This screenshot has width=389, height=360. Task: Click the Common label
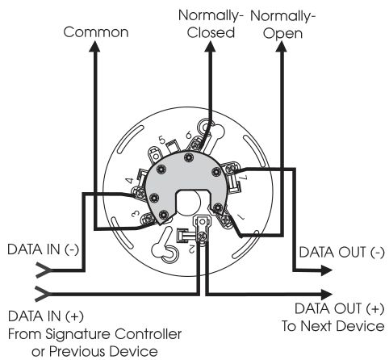[x=96, y=32]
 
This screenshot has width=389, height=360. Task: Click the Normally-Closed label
[x=211, y=24]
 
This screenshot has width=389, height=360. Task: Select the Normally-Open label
[x=282, y=25]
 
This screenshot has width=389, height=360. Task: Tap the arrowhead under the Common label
[x=94, y=46]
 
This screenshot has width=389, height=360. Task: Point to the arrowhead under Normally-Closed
[x=210, y=46]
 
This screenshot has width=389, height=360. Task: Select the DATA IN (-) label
[x=44, y=249]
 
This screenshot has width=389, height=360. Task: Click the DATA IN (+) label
[x=46, y=316]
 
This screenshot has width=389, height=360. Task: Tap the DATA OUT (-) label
[x=342, y=253]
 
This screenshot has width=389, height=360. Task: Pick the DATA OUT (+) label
[x=340, y=308]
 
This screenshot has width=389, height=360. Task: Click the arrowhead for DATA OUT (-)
[x=327, y=270]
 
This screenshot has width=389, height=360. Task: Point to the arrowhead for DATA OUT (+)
[x=327, y=294]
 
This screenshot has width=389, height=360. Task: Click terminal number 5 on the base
[x=161, y=140]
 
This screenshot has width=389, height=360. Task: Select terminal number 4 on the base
[x=130, y=181]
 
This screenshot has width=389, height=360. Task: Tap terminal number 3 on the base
[x=136, y=214]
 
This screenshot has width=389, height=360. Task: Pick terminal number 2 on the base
[x=191, y=249]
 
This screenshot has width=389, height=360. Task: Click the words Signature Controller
[x=114, y=334]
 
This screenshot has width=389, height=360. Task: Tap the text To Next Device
[x=333, y=326]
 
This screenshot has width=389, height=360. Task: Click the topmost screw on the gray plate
[x=189, y=157]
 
